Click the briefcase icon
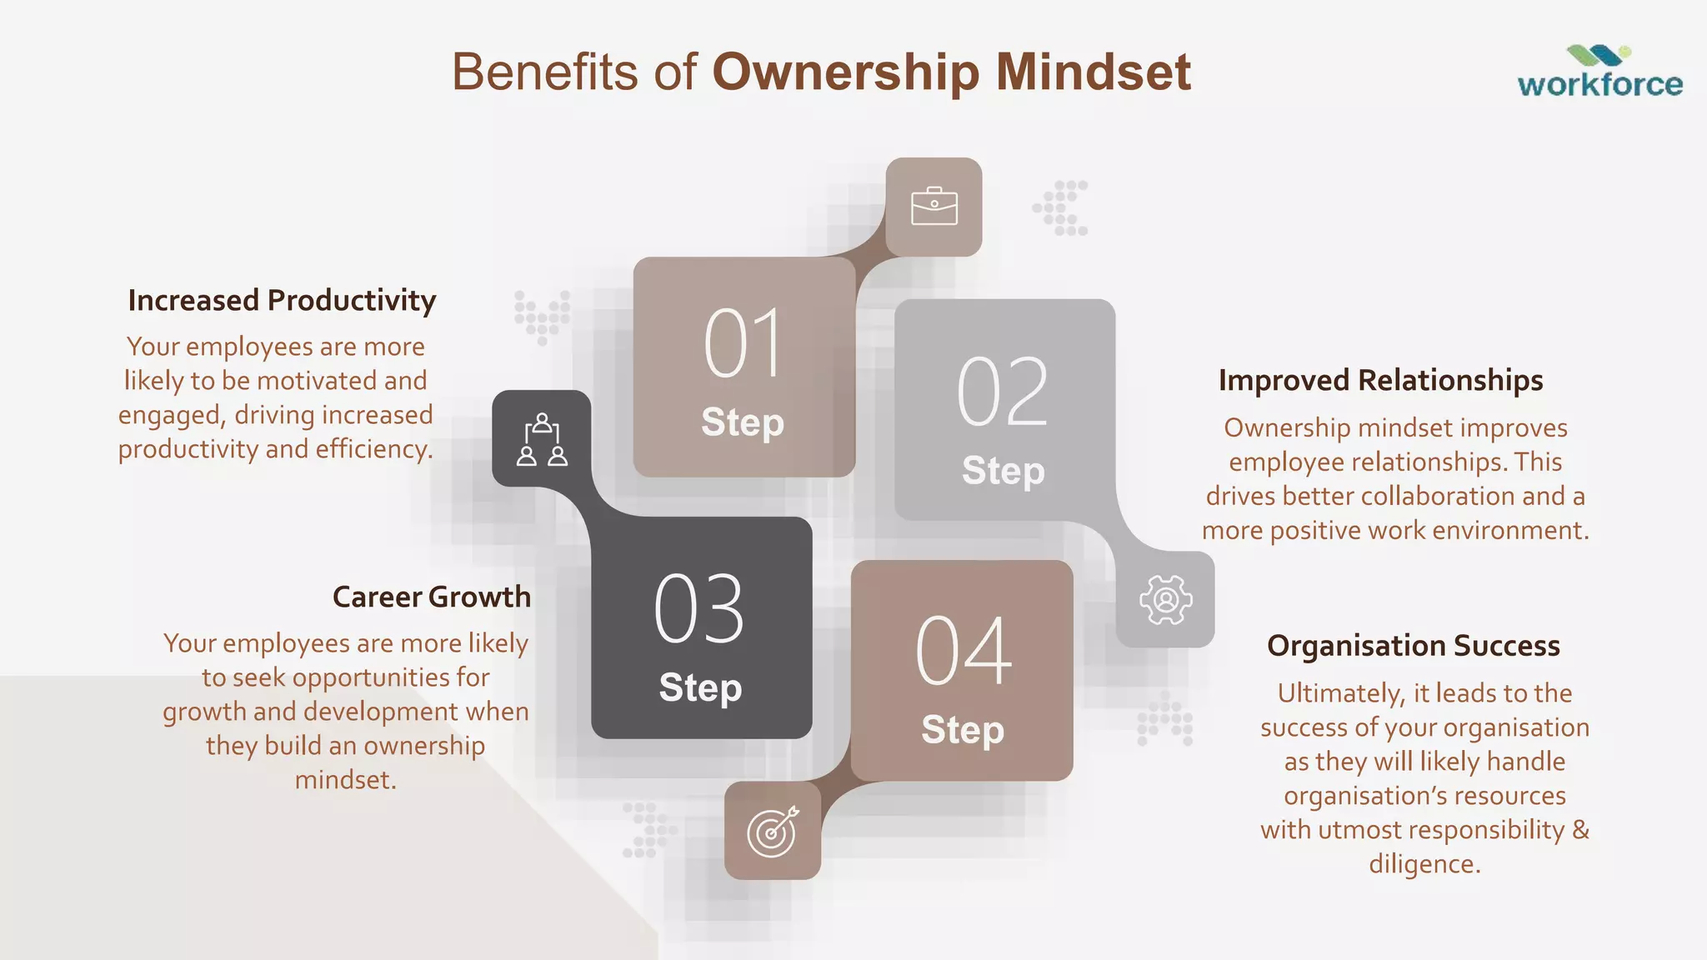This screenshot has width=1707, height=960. pos(934,207)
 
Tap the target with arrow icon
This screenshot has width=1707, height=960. pos(773,831)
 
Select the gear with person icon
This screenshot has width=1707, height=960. pos(1165,599)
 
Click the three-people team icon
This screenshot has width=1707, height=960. pos(542,439)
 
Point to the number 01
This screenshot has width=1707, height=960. pos(743,343)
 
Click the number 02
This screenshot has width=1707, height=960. pos(1003,392)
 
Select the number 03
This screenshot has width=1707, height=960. pos(699,609)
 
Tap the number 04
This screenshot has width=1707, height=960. pos(963,652)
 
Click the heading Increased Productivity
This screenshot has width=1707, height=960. pos(282,300)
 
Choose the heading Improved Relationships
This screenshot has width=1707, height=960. pos(1380,380)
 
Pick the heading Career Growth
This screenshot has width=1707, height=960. pos(431,597)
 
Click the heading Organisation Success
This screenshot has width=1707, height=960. pos(1413,646)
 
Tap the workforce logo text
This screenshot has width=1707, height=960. pos(1599,84)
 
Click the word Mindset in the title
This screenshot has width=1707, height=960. pos(1093,72)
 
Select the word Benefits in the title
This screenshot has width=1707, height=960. pos(544,72)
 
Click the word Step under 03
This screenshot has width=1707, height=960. pos(700,687)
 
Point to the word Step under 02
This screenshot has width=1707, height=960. pos(1003,471)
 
